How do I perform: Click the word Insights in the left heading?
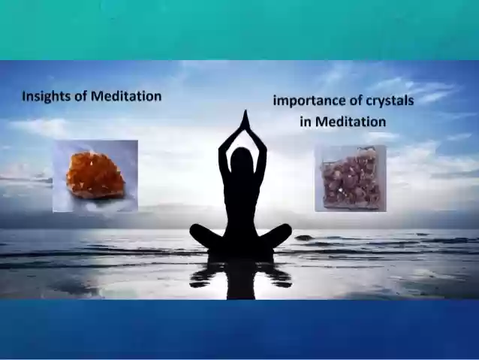(47, 97)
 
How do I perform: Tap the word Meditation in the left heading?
(126, 96)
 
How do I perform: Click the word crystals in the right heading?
(390, 101)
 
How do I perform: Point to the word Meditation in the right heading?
(351, 122)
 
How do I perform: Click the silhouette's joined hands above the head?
(245, 120)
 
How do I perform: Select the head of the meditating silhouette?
(242, 158)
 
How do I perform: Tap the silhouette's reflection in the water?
(240, 277)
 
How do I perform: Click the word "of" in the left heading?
(81, 96)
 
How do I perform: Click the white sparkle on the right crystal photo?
(341, 191)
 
